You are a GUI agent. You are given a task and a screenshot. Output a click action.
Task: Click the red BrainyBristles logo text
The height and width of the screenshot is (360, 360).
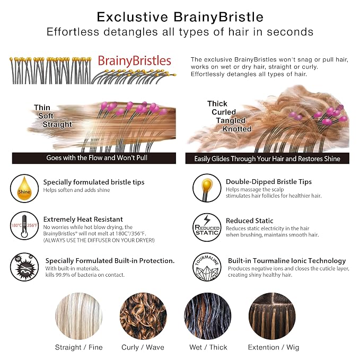click(x=134, y=62)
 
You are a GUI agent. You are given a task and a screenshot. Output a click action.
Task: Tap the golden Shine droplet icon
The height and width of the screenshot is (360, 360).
click(x=24, y=189)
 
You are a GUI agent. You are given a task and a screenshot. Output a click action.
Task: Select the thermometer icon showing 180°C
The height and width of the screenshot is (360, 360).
click(x=24, y=226)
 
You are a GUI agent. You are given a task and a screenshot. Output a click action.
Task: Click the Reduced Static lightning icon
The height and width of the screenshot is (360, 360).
click(x=207, y=227)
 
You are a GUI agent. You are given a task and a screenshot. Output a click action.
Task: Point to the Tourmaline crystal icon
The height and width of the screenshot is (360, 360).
click(x=207, y=267)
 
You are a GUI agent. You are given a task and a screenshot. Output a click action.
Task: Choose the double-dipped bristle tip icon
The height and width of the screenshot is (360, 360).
click(x=207, y=188)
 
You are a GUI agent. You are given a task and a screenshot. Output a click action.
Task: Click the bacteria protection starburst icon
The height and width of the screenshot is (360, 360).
click(x=24, y=267)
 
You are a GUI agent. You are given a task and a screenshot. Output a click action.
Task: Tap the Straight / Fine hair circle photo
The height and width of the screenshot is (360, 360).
click(x=79, y=316)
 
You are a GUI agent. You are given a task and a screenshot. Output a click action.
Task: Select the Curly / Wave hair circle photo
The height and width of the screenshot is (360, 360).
click(x=143, y=316)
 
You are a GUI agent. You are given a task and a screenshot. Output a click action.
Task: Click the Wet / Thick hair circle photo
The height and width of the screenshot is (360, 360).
click(x=207, y=316)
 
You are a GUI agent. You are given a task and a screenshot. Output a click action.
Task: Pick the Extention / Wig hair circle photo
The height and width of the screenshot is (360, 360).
click(x=272, y=316)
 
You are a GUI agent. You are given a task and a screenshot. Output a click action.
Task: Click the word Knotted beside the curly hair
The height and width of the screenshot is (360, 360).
click(x=236, y=129)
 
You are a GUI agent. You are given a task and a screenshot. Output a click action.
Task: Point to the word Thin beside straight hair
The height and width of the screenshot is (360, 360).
click(x=42, y=108)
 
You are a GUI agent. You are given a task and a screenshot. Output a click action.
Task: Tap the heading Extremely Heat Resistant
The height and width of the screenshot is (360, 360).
click(x=83, y=219)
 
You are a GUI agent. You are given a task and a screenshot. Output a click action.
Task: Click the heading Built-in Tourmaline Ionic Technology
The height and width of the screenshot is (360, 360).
click(x=287, y=261)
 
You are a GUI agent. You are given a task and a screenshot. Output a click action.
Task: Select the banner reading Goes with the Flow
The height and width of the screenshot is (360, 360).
click(x=94, y=158)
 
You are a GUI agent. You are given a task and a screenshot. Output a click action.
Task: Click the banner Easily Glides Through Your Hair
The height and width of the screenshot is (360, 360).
click(x=267, y=159)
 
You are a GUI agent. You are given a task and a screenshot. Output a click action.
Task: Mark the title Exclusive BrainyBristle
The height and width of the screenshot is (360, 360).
click(x=180, y=17)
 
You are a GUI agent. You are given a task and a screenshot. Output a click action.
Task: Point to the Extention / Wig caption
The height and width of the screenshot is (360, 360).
click(x=274, y=347)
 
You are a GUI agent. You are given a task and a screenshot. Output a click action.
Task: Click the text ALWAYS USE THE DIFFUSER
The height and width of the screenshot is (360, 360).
click(x=99, y=240)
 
